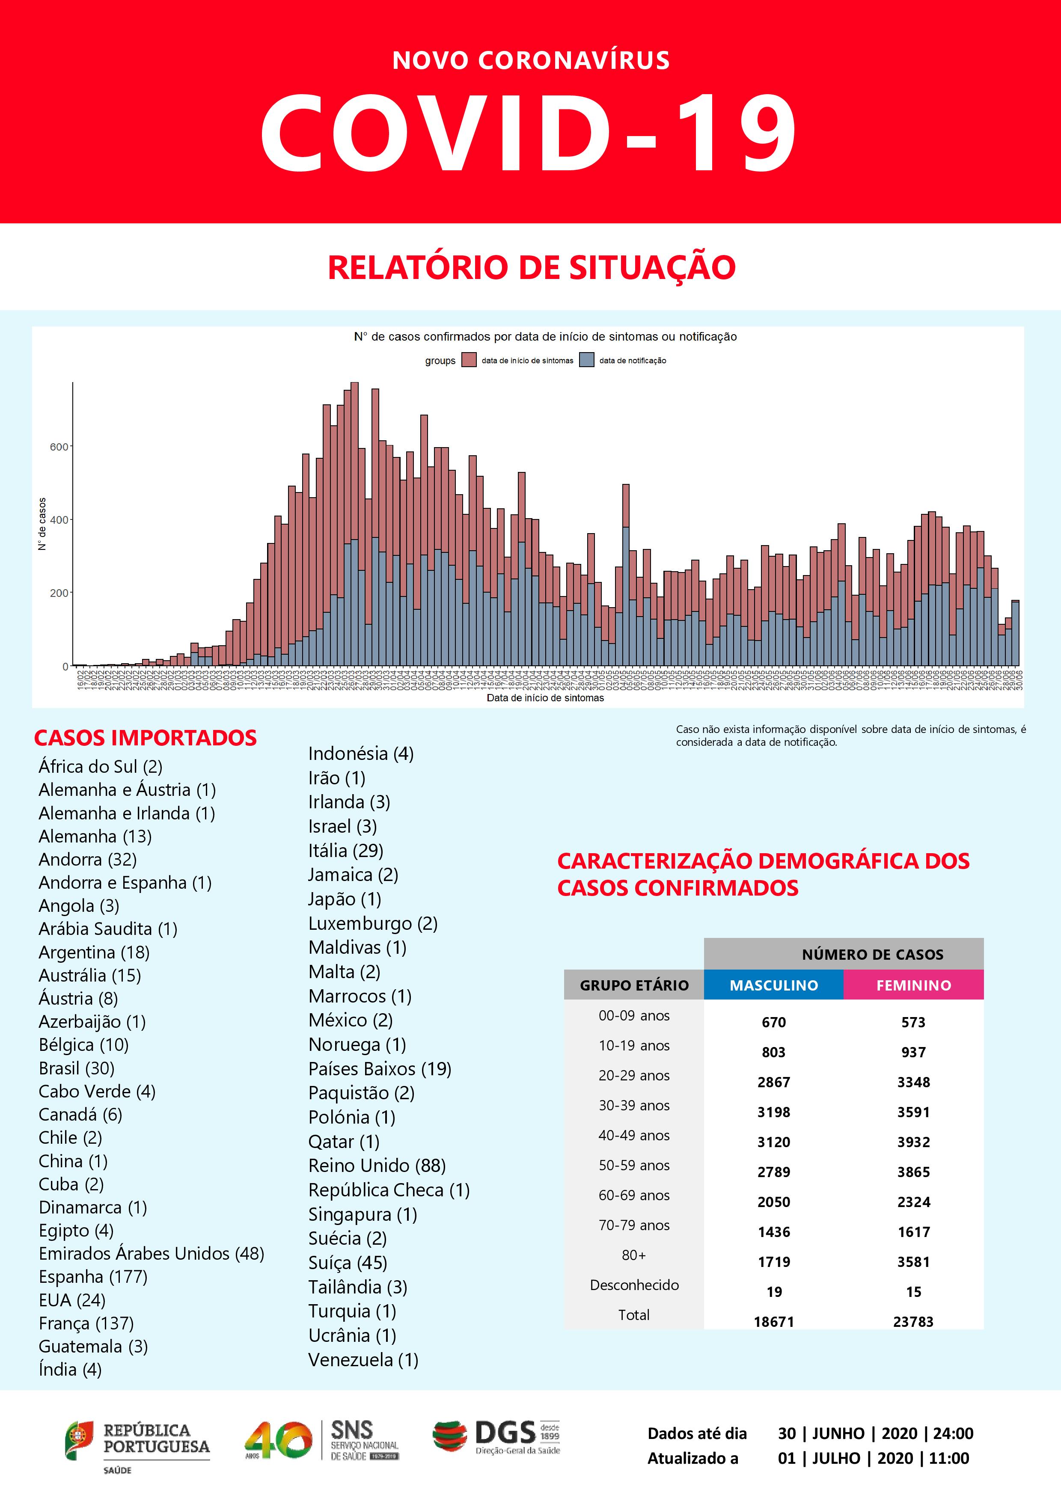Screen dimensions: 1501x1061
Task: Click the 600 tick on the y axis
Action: click(x=59, y=447)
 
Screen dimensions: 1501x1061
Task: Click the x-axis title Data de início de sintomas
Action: click(x=545, y=698)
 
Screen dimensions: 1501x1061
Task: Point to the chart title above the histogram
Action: click(x=545, y=337)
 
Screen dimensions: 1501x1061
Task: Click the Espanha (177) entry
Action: click(x=93, y=1277)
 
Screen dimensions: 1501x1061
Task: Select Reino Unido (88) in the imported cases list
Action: click(x=377, y=1166)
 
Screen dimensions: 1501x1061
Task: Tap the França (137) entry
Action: click(x=86, y=1323)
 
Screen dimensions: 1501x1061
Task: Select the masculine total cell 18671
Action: click(x=773, y=1322)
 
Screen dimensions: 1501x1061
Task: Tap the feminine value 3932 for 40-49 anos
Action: click(x=913, y=1142)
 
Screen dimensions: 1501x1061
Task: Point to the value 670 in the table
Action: click(x=773, y=1023)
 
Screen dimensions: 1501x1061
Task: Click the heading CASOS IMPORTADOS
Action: click(x=145, y=737)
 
